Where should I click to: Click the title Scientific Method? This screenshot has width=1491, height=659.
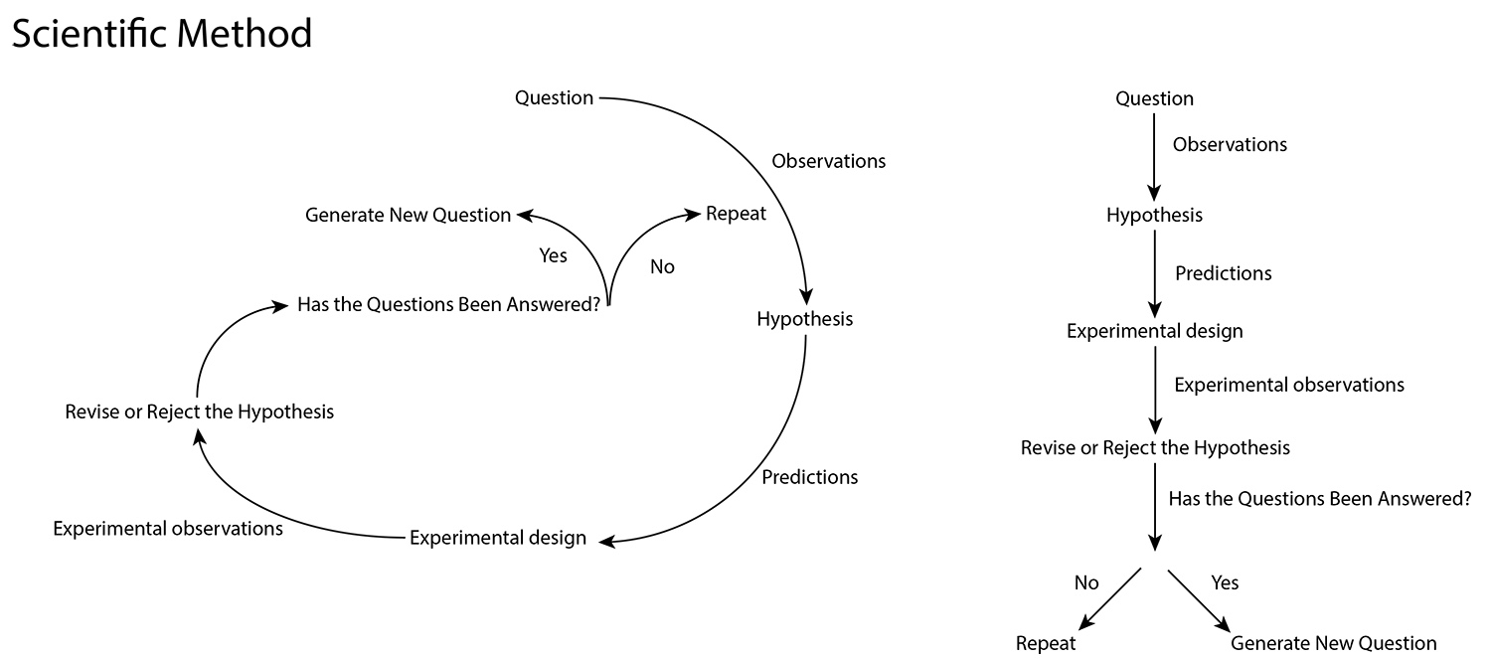[x=161, y=34]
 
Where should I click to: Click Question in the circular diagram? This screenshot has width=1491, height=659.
[x=554, y=97]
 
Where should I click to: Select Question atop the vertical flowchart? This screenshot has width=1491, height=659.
[x=1154, y=98]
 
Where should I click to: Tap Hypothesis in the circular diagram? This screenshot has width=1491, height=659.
[x=804, y=319]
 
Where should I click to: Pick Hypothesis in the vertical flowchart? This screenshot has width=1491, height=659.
[x=1154, y=215]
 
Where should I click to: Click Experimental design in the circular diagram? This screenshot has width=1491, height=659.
[x=497, y=538]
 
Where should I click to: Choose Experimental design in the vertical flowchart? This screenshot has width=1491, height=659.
[x=1154, y=331]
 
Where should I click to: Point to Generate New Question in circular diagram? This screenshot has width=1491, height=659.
[x=408, y=215]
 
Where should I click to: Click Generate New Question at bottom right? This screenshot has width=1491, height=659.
[x=1333, y=643]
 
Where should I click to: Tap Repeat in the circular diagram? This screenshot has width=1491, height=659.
[x=736, y=214]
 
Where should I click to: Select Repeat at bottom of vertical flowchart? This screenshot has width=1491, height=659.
[x=1046, y=643]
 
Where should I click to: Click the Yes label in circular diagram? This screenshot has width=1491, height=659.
[x=553, y=255]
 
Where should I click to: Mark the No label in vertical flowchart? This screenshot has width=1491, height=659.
[x=1086, y=582]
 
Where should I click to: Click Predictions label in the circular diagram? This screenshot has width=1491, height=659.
[x=809, y=477]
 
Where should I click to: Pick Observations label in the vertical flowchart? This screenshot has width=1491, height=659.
[x=1230, y=145]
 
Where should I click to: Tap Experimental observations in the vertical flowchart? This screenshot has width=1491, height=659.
[x=1289, y=385]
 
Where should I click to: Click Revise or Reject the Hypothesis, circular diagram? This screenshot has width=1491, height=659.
[x=199, y=411]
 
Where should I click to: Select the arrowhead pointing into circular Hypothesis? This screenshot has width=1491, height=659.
[x=806, y=296]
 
